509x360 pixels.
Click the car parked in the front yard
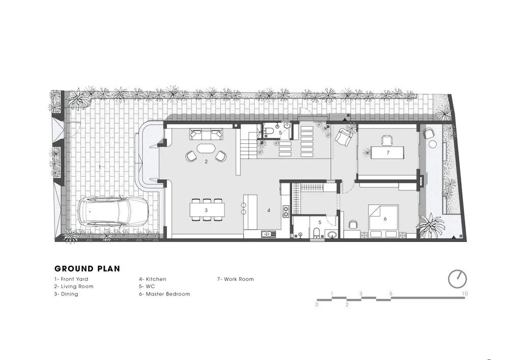(x=113, y=211)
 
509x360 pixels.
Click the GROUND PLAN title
(x=88, y=269)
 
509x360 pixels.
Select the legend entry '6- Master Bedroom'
(x=164, y=294)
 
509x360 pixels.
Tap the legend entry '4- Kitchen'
(x=153, y=279)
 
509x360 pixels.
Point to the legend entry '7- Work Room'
(x=236, y=279)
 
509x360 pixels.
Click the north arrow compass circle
(x=458, y=279)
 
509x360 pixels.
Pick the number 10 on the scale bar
(x=465, y=294)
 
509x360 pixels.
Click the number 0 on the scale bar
(x=317, y=304)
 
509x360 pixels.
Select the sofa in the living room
(x=206, y=134)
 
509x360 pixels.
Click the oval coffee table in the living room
(x=206, y=149)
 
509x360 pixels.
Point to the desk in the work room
(x=387, y=153)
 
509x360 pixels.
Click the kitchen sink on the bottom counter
(x=268, y=234)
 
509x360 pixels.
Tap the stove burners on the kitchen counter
(x=286, y=211)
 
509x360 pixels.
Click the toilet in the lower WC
(x=317, y=233)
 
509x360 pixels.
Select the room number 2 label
(x=206, y=161)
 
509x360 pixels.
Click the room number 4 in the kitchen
(x=269, y=210)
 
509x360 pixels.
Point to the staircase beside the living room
(x=248, y=146)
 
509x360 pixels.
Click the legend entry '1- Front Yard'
(x=71, y=279)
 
